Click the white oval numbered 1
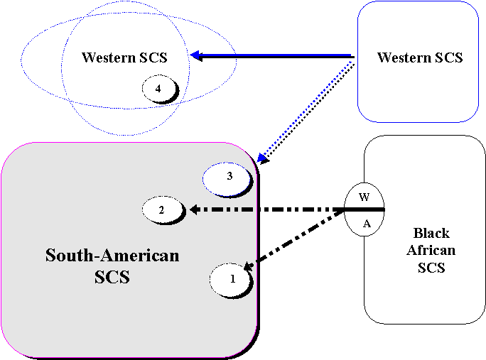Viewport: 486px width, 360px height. [232, 279]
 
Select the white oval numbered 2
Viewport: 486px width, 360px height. [162, 210]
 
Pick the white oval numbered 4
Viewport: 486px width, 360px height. [158, 88]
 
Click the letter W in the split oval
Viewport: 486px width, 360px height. [364, 197]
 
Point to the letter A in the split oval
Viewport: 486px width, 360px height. [367, 224]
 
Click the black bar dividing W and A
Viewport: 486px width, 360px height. [364, 210]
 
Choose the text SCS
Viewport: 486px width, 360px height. [112, 277]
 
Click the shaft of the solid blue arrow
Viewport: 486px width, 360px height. [277, 55]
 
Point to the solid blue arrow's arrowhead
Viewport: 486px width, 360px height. [193, 55]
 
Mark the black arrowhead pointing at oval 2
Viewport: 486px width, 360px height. [193, 209]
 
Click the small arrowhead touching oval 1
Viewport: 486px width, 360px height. [248, 266]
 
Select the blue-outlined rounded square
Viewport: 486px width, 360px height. [417, 62]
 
